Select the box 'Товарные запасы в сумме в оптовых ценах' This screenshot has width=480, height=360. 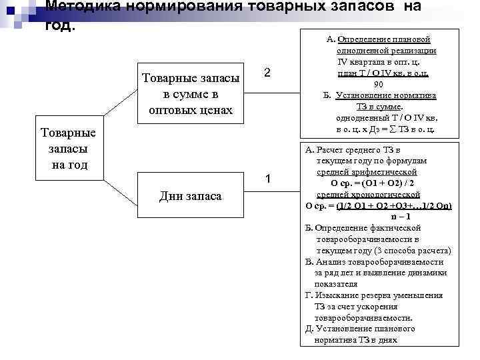point(191,94)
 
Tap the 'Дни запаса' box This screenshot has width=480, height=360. point(191,196)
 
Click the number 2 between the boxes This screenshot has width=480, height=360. point(267,73)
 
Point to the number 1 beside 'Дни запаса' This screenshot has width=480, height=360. point(267,179)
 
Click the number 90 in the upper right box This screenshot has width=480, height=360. point(379,84)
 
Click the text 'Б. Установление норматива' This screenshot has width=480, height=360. point(381,95)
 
